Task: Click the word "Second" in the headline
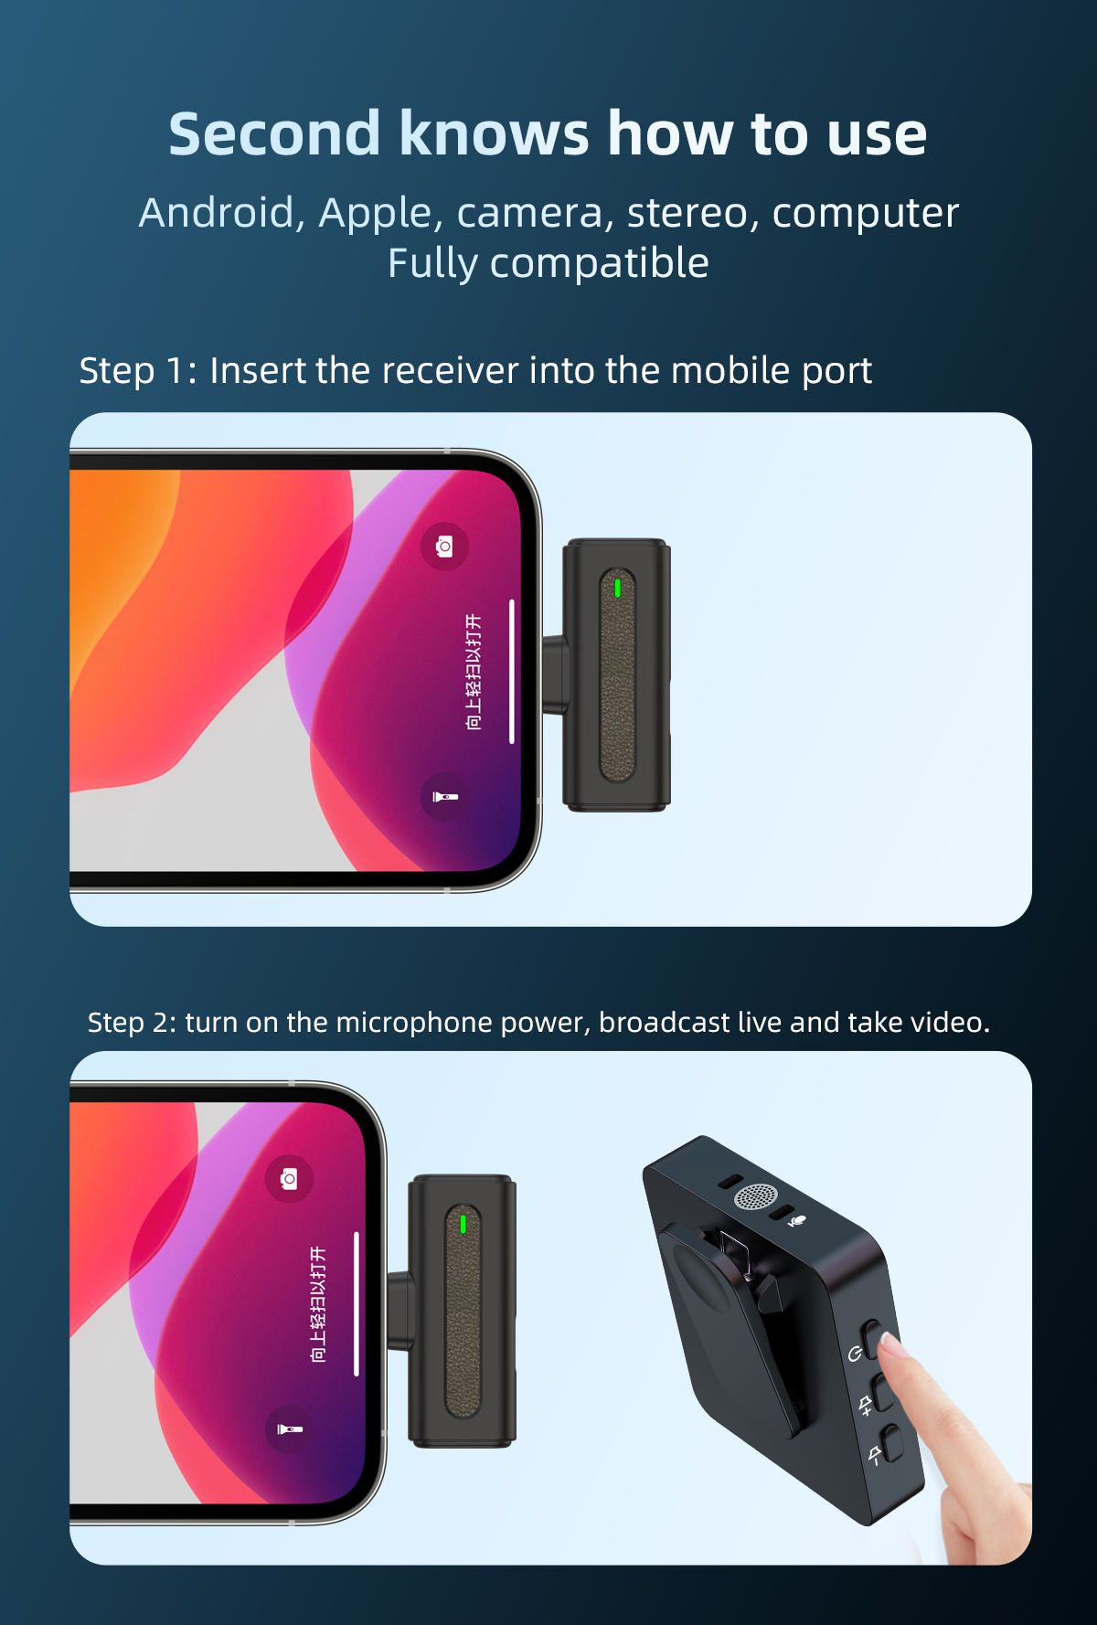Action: tap(274, 134)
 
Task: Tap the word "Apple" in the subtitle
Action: tap(375, 213)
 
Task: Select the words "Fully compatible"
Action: tap(548, 263)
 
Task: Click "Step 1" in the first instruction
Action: tap(132, 371)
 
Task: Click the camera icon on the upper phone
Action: tap(444, 547)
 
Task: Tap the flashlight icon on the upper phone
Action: tap(444, 797)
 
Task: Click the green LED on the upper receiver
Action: tap(618, 588)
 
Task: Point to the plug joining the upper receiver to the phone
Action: tap(554, 674)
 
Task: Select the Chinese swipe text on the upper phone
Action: tap(474, 672)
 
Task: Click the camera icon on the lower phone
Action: tap(289, 1179)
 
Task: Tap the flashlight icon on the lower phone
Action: tap(289, 1429)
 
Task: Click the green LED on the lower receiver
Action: tap(463, 1224)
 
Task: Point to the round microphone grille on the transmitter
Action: tap(755, 1196)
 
